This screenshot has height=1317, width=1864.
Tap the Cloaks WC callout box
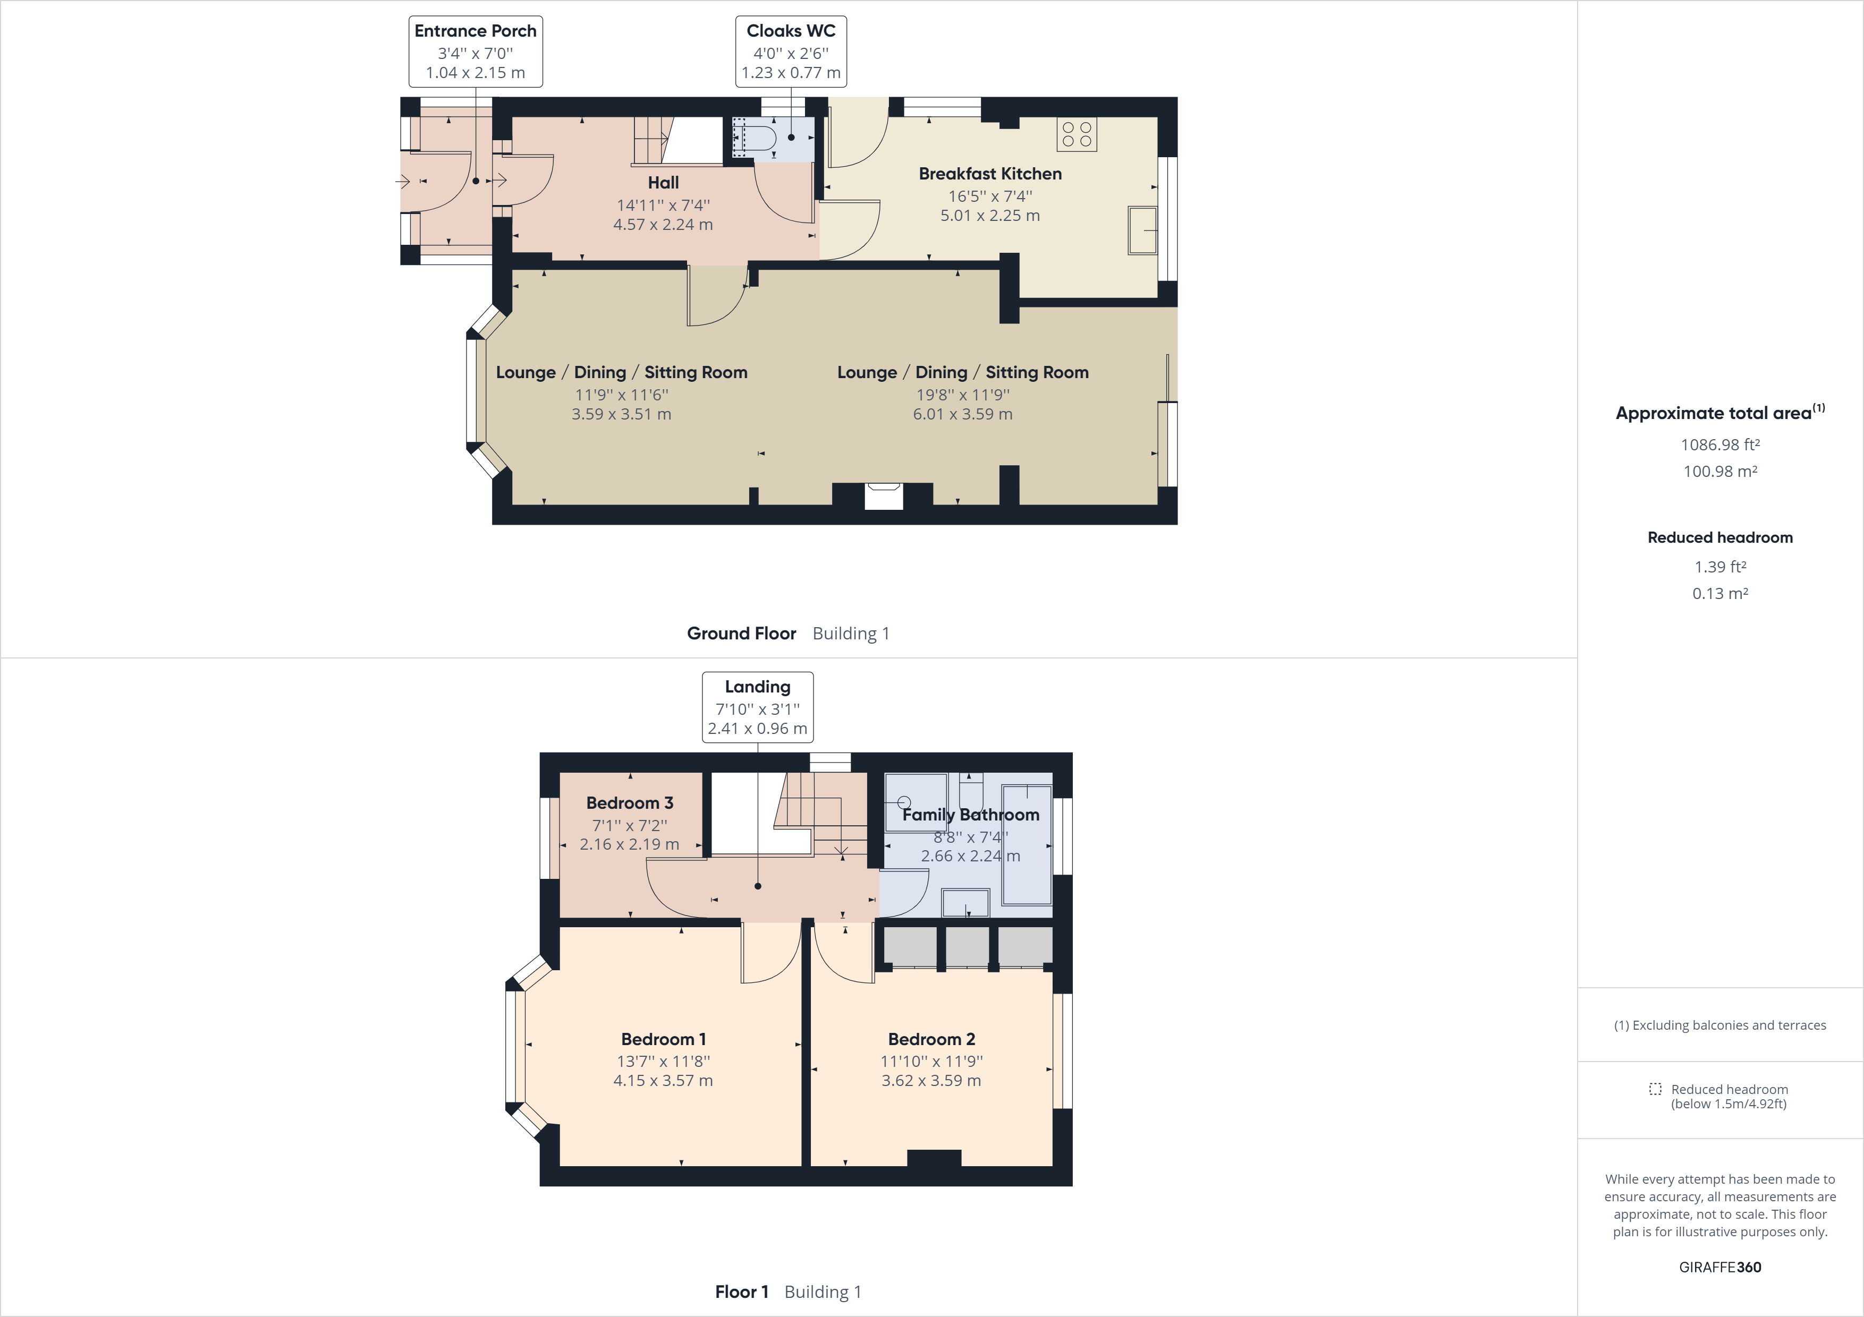[x=791, y=51]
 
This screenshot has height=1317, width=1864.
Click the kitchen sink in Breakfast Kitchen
[x=1142, y=229]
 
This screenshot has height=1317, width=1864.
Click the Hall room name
[x=663, y=183]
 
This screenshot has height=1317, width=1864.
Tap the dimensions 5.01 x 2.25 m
[x=989, y=216]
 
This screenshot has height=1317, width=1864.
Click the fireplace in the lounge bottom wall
[x=883, y=495]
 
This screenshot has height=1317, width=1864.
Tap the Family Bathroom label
[x=970, y=815]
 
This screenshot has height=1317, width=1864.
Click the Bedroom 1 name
[x=663, y=1039]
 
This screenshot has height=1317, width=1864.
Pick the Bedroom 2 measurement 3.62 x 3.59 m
[x=931, y=1081]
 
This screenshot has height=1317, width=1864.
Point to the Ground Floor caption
[x=741, y=633]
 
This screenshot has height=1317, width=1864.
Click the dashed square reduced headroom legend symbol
[x=1655, y=1089]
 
